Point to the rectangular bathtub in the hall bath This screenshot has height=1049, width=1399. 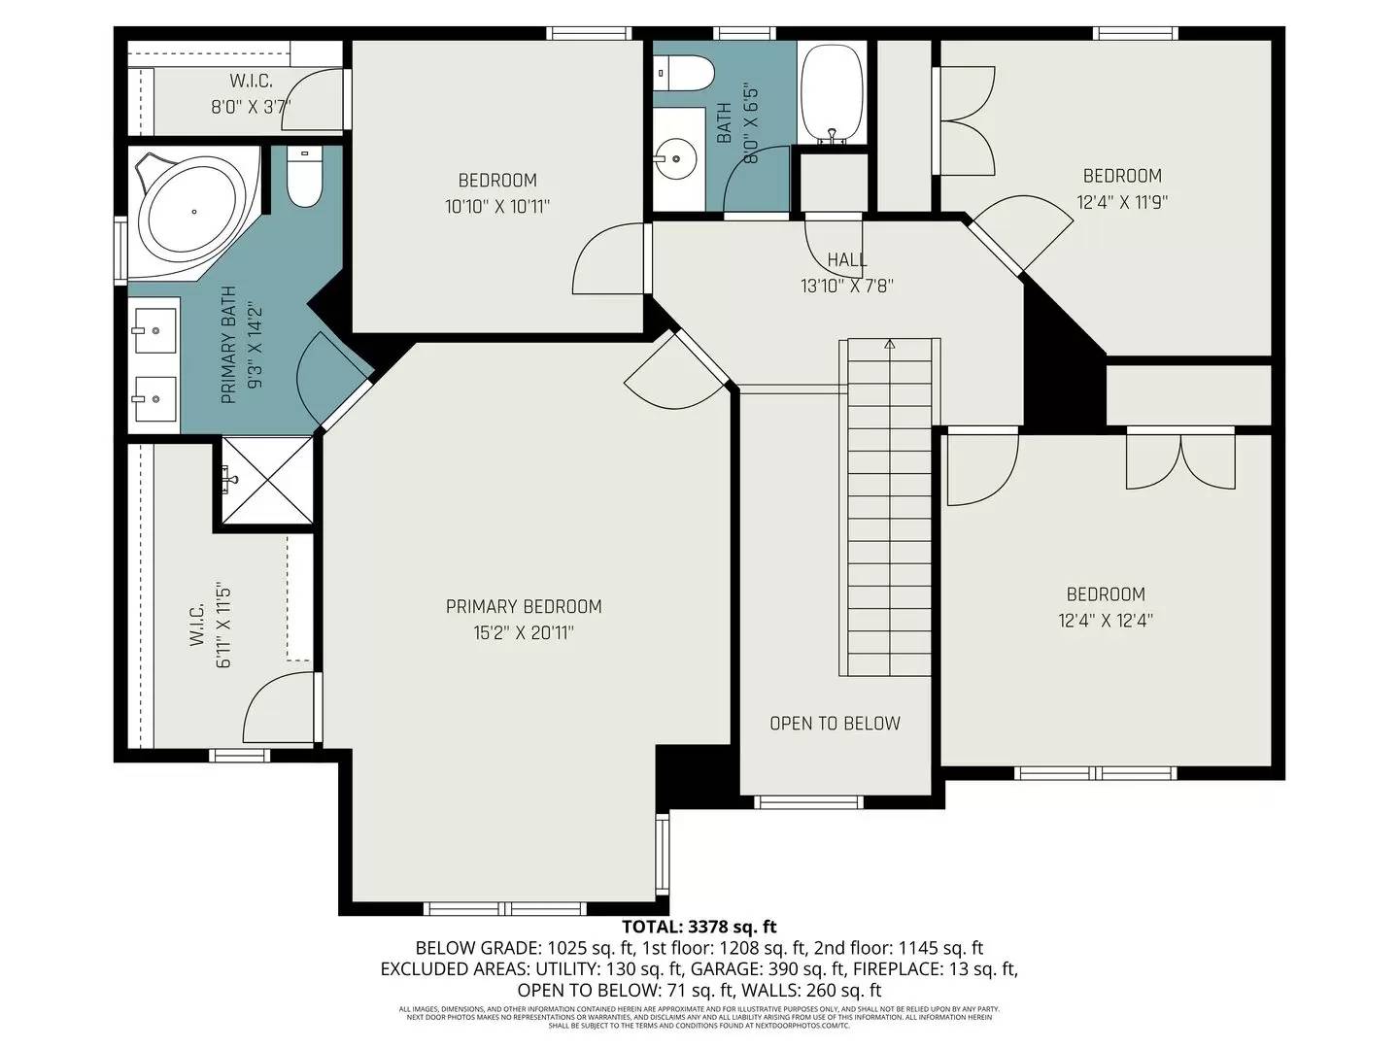832,93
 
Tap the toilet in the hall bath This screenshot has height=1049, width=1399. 686,71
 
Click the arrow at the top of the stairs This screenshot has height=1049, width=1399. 889,344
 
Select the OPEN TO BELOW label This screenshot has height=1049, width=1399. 835,724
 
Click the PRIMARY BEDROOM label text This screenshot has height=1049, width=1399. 524,607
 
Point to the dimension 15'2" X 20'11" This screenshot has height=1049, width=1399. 524,633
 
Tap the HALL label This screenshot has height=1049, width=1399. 847,260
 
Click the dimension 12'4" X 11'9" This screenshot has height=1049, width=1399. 1122,203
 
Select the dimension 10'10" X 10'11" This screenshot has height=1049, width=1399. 497,207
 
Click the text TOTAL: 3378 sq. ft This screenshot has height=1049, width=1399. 699,928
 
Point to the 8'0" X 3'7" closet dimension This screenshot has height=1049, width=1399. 251,107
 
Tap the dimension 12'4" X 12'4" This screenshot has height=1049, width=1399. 1106,621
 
